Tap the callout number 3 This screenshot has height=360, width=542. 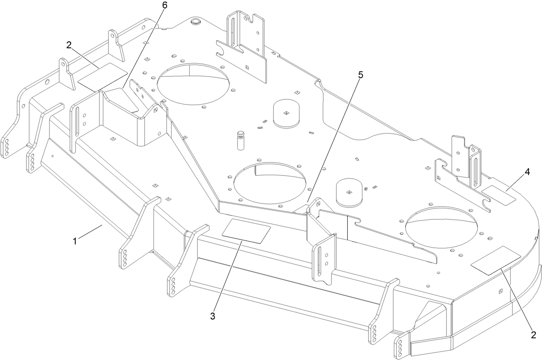point(212,316)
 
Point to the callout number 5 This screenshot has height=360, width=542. point(360,74)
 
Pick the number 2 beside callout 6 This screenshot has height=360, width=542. point(69,44)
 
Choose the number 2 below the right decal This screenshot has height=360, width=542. point(533,335)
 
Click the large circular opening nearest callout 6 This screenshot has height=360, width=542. point(193,84)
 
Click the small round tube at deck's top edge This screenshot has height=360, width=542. point(196,21)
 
